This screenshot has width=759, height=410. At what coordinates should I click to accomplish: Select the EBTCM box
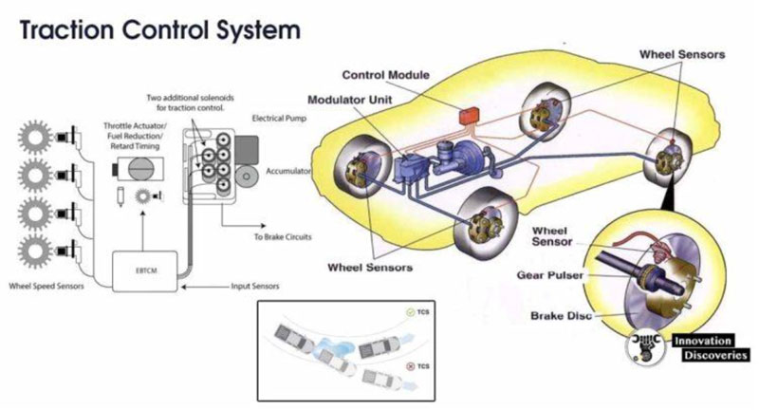140,269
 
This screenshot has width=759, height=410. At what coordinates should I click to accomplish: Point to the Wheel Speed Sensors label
49,284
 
